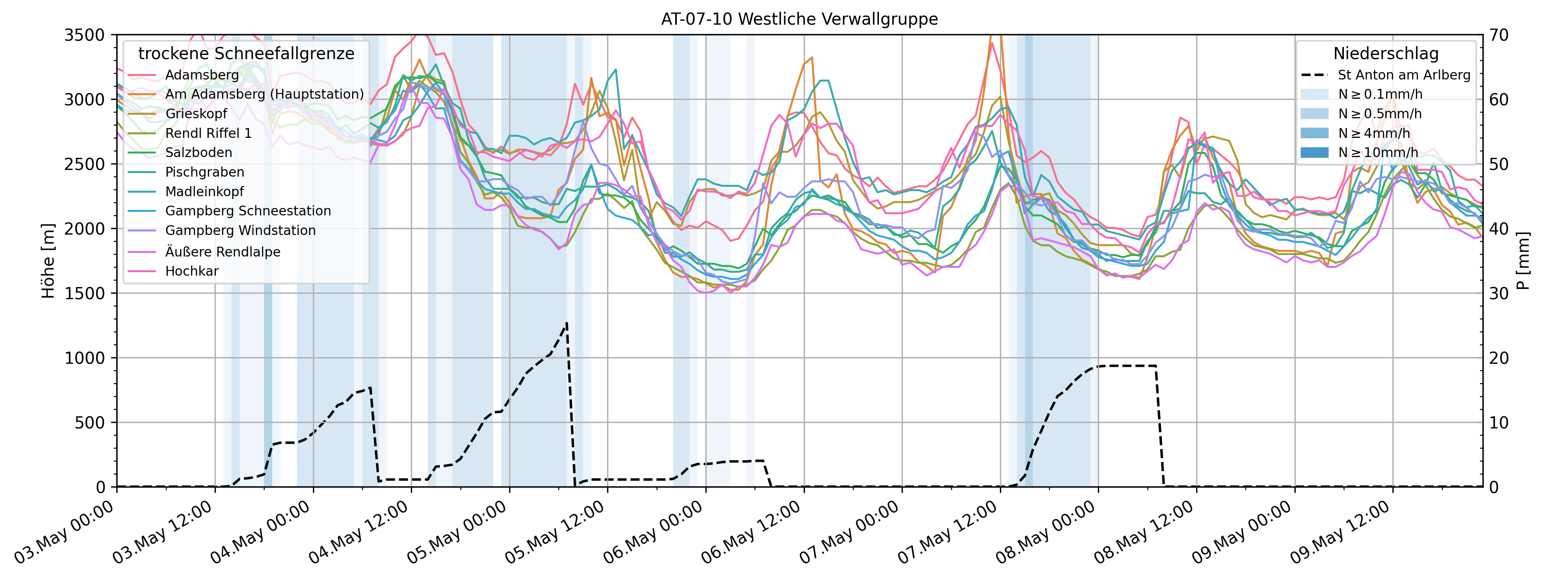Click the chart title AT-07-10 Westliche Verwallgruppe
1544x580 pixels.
click(x=799, y=19)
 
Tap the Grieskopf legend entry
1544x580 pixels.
click(x=196, y=114)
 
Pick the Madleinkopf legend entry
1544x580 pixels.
click(x=204, y=192)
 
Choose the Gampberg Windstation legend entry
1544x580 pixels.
click(x=240, y=231)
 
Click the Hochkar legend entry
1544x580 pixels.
click(x=192, y=271)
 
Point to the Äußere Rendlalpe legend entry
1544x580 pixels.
click(x=222, y=252)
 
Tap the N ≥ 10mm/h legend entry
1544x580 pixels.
click(x=1378, y=153)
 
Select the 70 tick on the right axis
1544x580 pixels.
click(x=1500, y=35)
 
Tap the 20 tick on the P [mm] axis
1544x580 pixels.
click(x=1500, y=358)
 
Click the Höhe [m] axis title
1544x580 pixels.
click(x=48, y=261)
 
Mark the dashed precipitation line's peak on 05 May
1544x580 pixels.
click(x=566, y=323)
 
